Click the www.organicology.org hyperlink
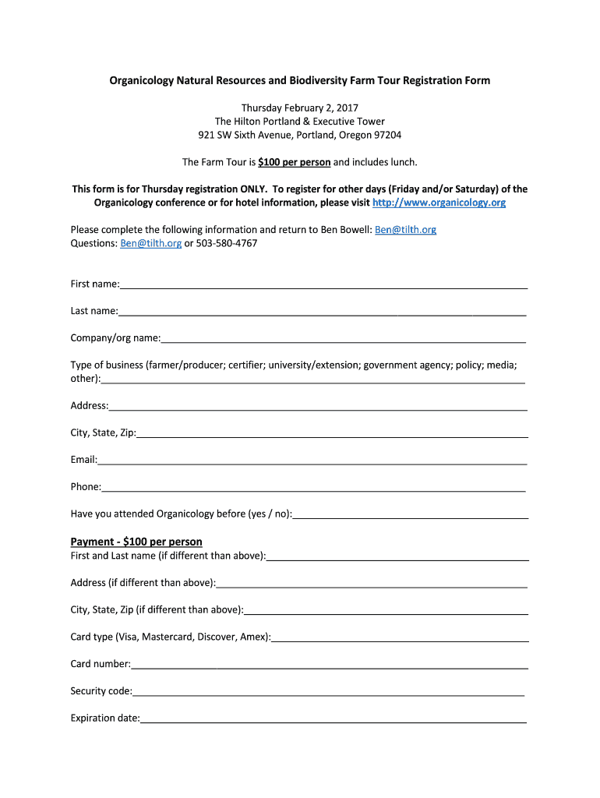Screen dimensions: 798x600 point(439,203)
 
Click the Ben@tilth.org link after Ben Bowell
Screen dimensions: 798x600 point(405,230)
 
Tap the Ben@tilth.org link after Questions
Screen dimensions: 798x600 point(150,243)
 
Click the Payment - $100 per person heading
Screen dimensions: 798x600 point(136,542)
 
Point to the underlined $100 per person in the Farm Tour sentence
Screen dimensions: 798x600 point(295,162)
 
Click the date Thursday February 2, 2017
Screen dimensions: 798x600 point(299,108)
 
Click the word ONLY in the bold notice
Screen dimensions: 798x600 point(253,189)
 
